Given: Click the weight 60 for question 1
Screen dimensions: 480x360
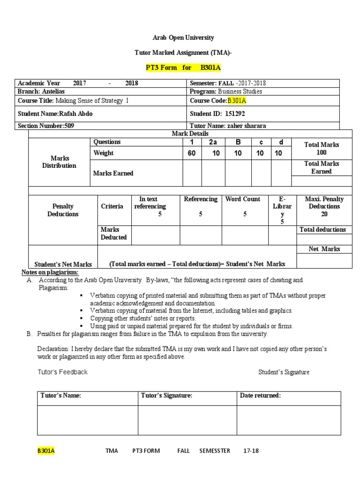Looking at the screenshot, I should point(192,153).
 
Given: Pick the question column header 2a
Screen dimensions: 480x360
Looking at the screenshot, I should point(213,142).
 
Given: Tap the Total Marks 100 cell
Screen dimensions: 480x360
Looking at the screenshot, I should point(321,149).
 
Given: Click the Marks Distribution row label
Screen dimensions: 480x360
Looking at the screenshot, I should point(59,162).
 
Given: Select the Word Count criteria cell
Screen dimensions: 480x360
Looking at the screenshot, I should point(243,207).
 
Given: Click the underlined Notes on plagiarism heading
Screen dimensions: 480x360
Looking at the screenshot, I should point(50,272).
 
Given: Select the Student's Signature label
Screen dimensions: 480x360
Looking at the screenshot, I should point(284,372).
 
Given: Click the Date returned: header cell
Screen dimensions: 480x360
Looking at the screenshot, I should point(261,396).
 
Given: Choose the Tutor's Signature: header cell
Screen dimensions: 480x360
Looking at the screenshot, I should point(166,396).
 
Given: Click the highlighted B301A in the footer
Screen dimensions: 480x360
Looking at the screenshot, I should point(46,451).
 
